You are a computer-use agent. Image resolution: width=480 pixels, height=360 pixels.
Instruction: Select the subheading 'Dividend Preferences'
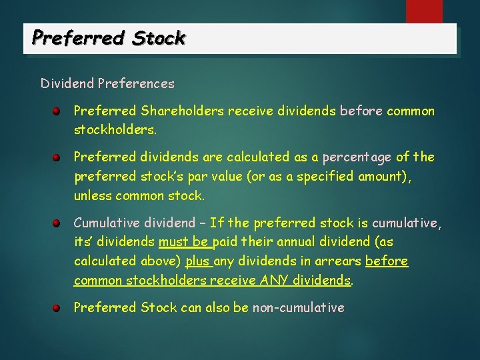coord(107,84)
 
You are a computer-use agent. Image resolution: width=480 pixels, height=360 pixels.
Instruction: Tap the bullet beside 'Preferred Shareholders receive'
coord(59,111)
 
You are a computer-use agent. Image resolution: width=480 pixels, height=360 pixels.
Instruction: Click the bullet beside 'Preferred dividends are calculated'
coord(59,157)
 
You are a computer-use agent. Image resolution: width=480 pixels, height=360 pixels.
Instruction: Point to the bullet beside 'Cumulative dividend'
coord(59,222)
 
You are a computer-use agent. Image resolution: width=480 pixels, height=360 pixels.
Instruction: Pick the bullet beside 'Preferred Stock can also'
coord(59,307)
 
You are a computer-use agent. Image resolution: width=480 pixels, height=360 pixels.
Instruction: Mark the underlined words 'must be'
coord(183,241)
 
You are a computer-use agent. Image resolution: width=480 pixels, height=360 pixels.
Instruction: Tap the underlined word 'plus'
coord(199,261)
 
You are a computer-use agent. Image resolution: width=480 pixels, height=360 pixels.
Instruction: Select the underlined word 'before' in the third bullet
coord(387,261)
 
